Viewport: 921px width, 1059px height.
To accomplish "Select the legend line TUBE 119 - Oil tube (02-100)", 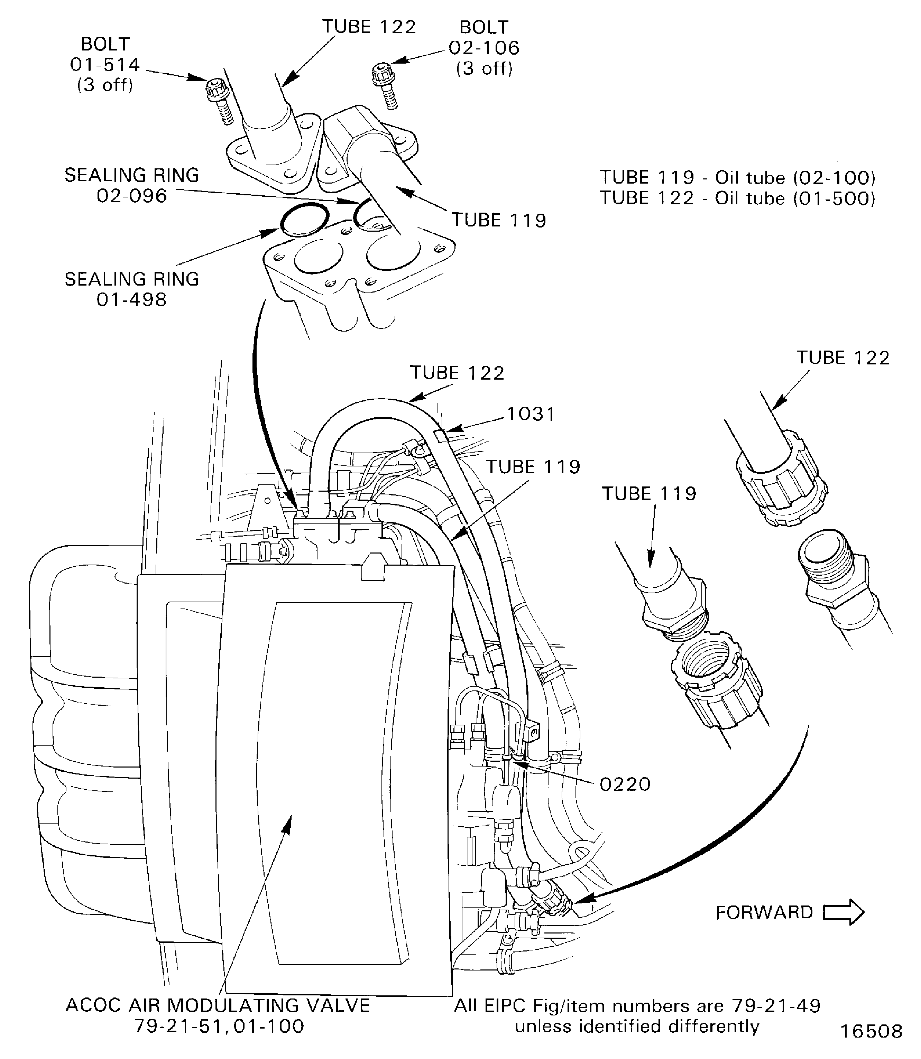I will pyautogui.click(x=737, y=178).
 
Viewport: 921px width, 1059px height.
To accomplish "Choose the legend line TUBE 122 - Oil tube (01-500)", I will pyautogui.click(x=737, y=198).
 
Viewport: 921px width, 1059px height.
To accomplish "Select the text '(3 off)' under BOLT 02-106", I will pyautogui.click(x=484, y=68).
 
